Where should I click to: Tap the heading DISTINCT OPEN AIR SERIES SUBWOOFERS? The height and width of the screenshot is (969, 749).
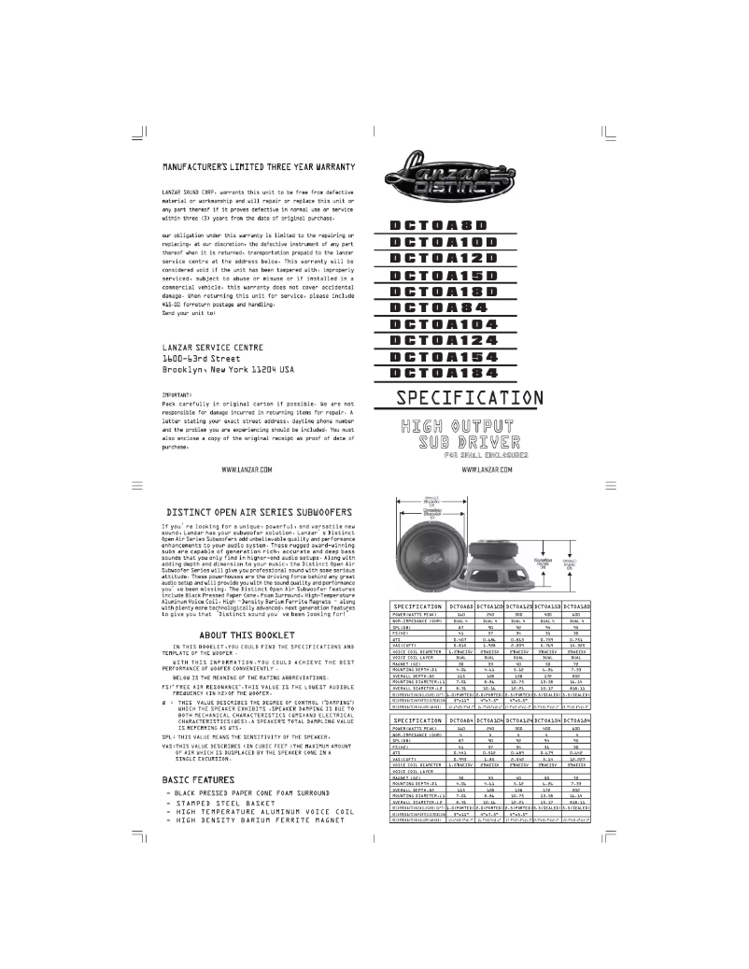click(x=259, y=512)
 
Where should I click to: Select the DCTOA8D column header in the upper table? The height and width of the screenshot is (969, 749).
click(x=463, y=606)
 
